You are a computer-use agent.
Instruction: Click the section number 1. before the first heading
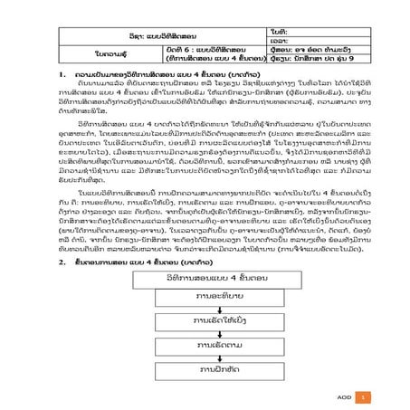[x=60, y=72]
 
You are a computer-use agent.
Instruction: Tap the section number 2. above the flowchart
[x=60, y=262]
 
